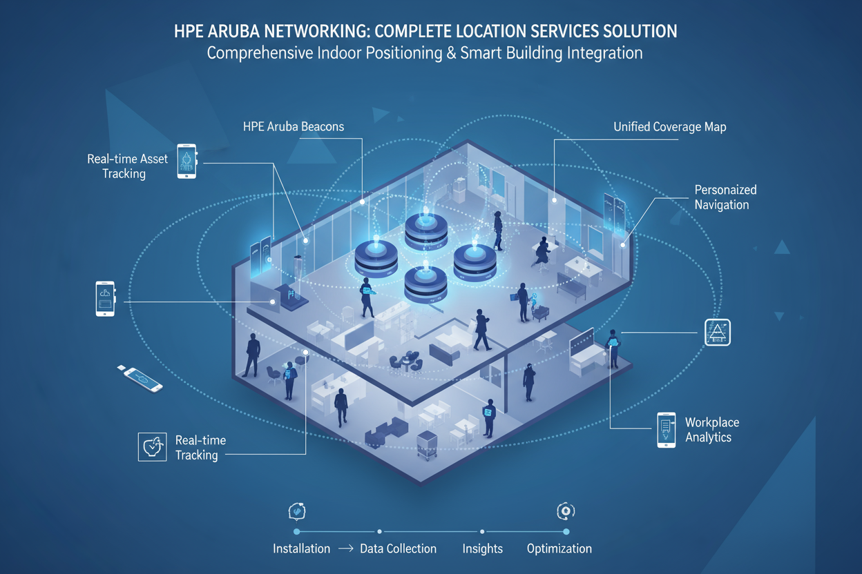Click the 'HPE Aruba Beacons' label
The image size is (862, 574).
point(294,127)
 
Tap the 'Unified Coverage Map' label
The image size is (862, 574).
point(669,127)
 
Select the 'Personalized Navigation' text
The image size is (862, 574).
point(725,197)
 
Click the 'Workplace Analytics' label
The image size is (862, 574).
point(711,430)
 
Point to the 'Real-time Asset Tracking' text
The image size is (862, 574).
point(127,166)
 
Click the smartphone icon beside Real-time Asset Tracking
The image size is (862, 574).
point(186,161)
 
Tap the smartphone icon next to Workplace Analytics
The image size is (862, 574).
point(666,430)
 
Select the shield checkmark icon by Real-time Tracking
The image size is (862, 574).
point(152,446)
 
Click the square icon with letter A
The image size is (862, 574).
point(717,333)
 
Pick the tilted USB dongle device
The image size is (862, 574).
point(144,379)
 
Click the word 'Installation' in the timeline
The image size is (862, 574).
point(301,549)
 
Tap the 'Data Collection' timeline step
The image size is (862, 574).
point(399,549)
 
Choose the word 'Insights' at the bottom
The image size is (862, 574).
point(482,549)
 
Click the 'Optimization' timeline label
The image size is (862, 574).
point(559,549)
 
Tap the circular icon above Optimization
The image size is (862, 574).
point(566,511)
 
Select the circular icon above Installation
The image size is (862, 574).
point(296,511)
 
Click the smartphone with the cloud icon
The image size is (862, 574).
point(105,299)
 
